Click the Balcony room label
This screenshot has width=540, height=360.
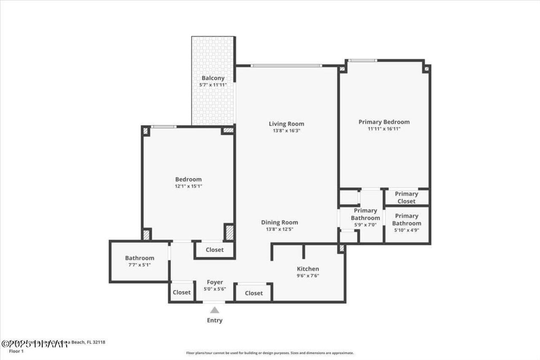click(213, 78)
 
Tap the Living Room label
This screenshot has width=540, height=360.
click(286, 124)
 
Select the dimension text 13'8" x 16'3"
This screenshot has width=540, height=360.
click(286, 131)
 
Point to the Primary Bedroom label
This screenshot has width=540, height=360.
click(384, 122)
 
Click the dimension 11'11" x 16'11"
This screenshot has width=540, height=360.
click(384, 129)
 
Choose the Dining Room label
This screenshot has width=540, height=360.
click(279, 222)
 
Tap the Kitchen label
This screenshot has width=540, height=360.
click(308, 269)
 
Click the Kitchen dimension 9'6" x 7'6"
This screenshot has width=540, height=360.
click(308, 276)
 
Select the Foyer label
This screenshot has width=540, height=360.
click(215, 282)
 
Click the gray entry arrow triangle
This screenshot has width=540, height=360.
click(215, 310)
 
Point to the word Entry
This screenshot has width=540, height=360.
click(214, 320)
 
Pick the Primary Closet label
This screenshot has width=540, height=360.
click(407, 198)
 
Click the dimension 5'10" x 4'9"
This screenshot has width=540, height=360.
click(407, 230)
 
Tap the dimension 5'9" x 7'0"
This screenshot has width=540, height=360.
click(365, 225)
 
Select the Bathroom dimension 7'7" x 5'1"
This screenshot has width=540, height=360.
click(139, 265)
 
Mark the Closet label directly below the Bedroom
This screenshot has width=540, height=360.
click(214, 250)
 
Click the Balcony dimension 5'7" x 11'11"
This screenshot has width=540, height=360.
click(213, 85)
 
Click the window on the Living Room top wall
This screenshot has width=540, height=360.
click(286, 65)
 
